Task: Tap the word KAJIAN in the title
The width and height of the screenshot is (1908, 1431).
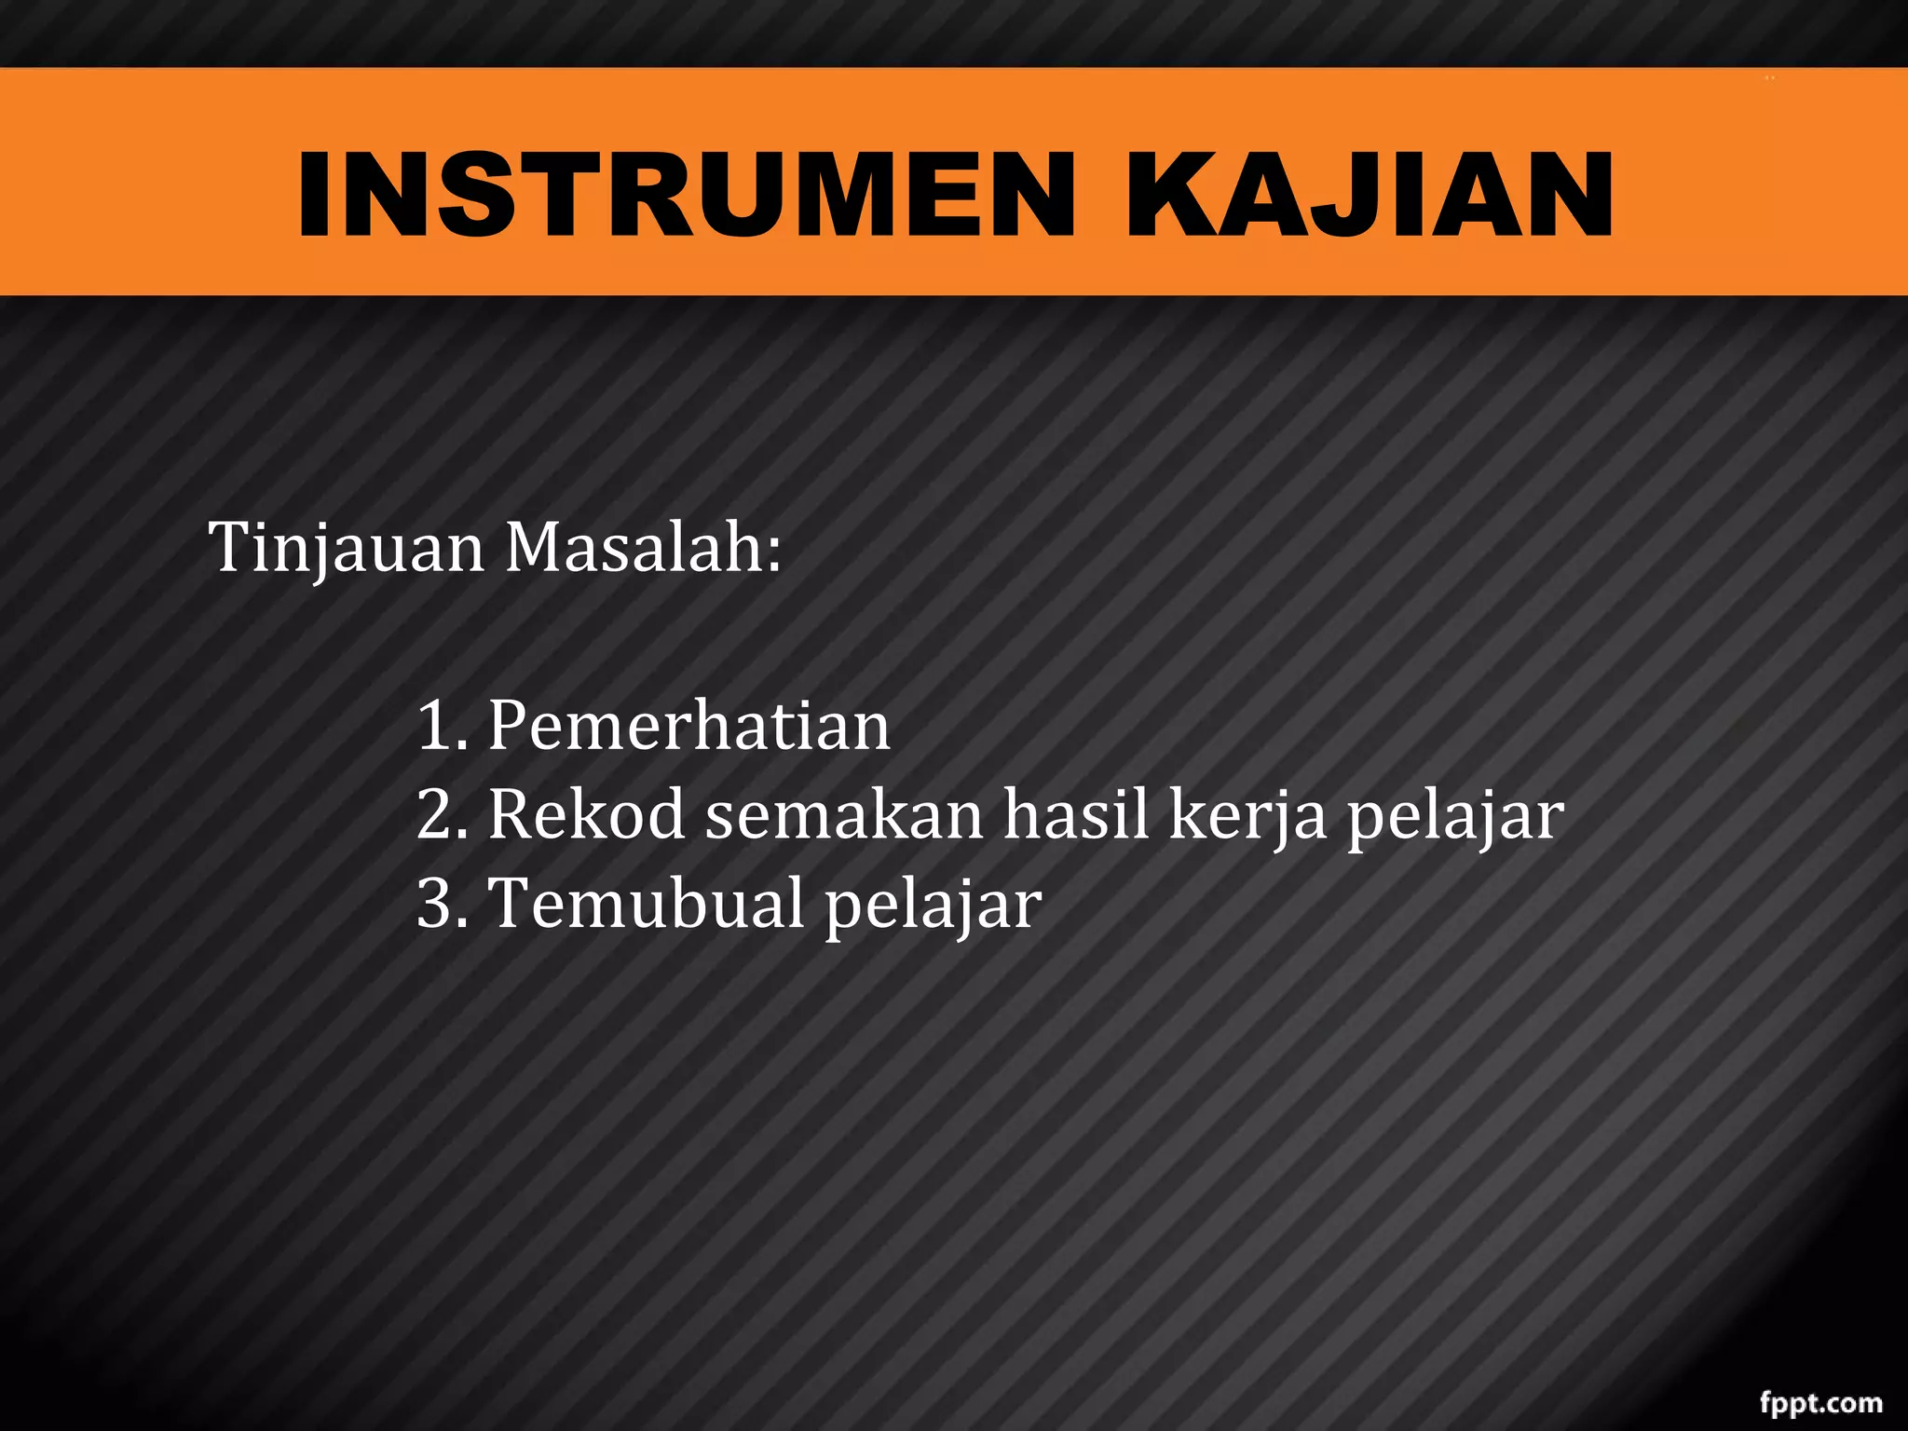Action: click(x=1370, y=195)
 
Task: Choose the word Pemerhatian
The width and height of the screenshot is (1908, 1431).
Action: click(x=689, y=726)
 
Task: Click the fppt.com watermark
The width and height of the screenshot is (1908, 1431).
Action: click(x=1820, y=1403)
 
